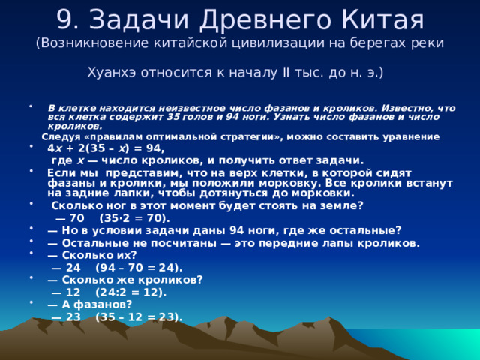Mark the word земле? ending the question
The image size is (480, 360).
pyautogui.click(x=340, y=205)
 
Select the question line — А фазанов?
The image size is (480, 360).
pyautogui.click(x=89, y=304)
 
